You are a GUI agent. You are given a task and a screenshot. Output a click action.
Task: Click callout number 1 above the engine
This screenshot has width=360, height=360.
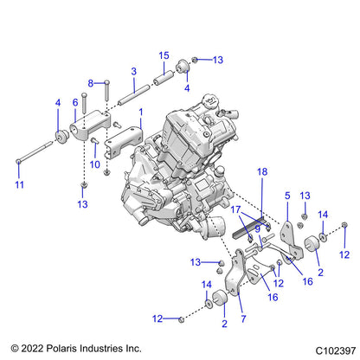tap(140, 112)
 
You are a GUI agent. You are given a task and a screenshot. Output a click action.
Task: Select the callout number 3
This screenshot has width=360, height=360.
tap(133, 71)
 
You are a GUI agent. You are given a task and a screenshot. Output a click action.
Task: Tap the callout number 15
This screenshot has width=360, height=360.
tap(163, 55)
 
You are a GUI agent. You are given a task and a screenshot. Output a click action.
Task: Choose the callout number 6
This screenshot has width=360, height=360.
tap(75, 102)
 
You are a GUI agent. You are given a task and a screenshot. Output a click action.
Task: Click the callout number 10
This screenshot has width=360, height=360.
tap(95, 164)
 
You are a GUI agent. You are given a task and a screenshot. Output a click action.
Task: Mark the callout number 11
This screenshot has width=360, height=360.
tap(19, 185)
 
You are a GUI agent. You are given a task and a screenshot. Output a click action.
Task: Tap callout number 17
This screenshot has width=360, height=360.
tap(235, 209)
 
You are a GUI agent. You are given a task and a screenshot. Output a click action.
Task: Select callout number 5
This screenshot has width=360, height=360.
tap(287, 196)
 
